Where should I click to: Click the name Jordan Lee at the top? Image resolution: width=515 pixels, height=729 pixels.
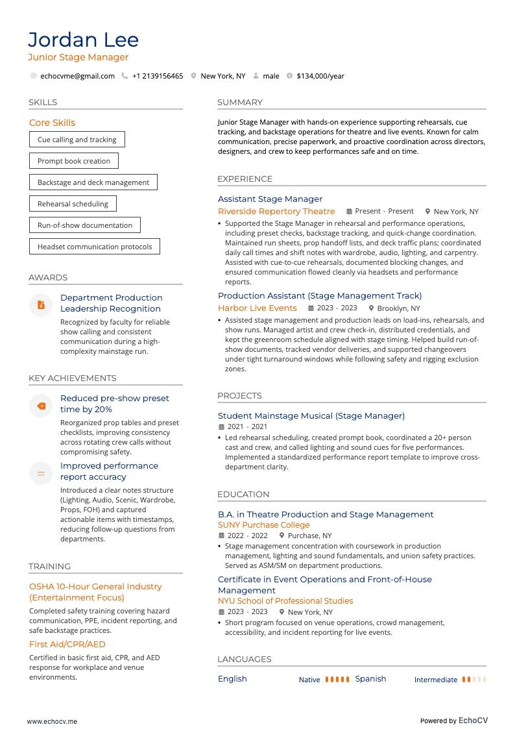(x=83, y=40)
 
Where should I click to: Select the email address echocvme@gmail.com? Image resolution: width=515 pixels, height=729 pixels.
(x=77, y=76)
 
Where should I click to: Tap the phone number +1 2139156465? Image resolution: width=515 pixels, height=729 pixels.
(x=157, y=76)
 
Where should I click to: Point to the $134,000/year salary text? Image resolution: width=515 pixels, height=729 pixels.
(x=320, y=76)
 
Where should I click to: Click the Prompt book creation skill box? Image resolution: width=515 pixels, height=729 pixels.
(x=74, y=161)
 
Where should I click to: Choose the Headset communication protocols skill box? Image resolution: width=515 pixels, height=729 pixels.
(x=95, y=247)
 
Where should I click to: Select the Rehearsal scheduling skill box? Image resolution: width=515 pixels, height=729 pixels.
(x=73, y=204)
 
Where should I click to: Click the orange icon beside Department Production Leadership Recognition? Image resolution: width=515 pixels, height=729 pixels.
(x=41, y=304)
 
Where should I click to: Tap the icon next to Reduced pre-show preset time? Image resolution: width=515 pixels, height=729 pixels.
(x=41, y=406)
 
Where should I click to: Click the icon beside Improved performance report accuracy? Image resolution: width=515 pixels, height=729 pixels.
(x=41, y=473)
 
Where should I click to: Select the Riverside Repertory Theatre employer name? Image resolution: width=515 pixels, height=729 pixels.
(x=276, y=212)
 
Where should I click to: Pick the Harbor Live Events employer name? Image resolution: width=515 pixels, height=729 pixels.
(x=257, y=308)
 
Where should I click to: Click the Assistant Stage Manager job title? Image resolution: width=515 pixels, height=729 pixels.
(x=270, y=199)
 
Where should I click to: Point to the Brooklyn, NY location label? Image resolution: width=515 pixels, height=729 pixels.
(x=398, y=309)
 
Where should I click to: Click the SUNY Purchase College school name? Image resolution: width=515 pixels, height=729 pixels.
(x=263, y=525)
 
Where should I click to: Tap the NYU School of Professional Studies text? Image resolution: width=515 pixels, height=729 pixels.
(x=285, y=601)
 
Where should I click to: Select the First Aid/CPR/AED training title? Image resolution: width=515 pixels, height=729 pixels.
(x=67, y=645)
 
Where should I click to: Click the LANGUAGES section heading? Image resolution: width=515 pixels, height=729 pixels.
(x=244, y=660)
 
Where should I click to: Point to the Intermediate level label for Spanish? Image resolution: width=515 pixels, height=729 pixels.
(x=436, y=680)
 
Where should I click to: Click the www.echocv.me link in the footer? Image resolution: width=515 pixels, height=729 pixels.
(x=52, y=721)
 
